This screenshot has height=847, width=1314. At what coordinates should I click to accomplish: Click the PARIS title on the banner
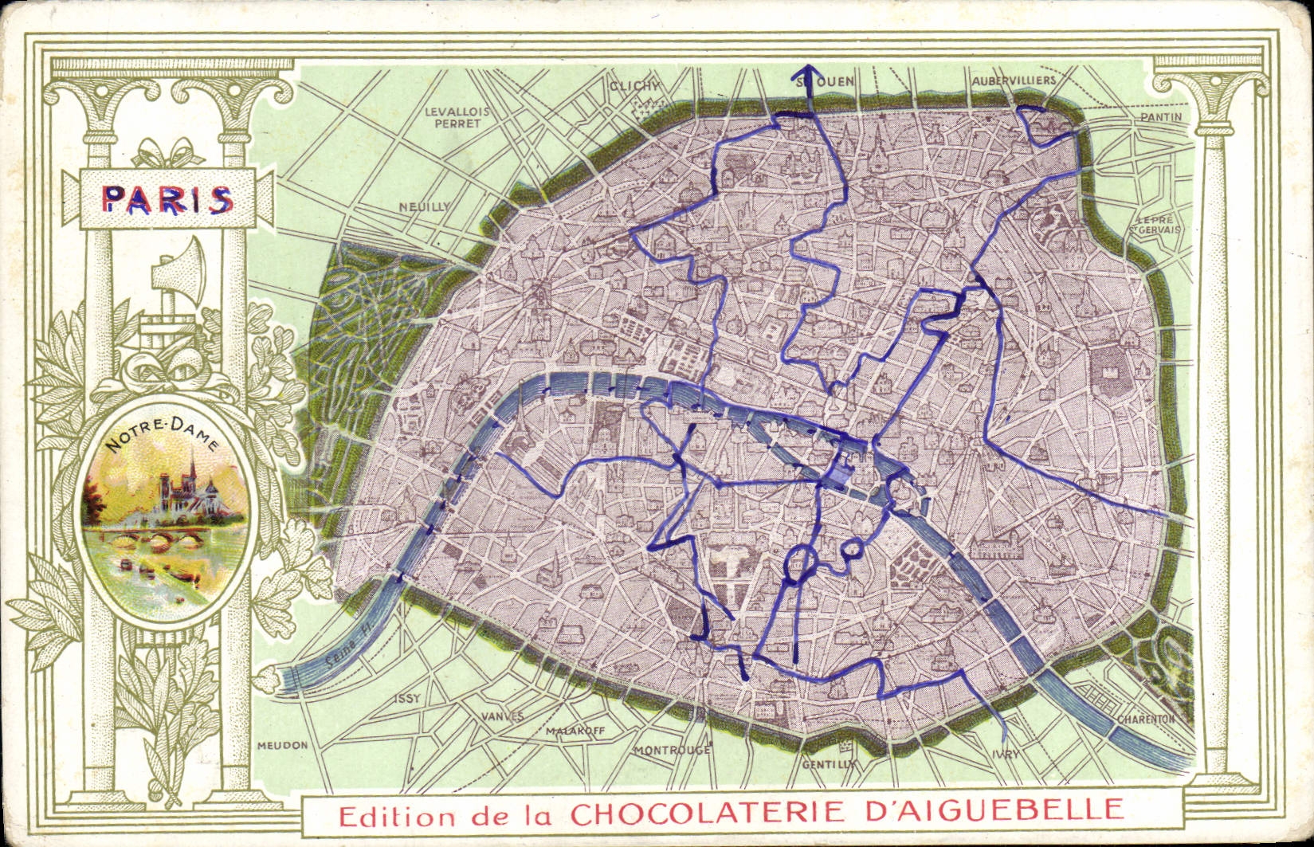coord(167,200)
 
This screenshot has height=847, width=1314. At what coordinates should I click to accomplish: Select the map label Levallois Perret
coord(457,117)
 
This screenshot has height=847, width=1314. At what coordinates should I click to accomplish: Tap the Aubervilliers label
coord(1014,80)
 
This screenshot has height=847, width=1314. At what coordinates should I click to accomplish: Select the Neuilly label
coord(424,206)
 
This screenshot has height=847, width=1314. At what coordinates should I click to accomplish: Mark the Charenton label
coord(1145,718)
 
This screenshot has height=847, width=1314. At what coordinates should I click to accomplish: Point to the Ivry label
coord(1006,754)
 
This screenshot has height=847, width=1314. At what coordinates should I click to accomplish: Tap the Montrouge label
coord(672,750)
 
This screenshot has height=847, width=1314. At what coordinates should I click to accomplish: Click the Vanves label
coord(502,716)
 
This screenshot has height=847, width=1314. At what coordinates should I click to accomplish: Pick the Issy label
coord(406,698)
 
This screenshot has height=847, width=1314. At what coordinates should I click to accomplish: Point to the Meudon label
coord(282,745)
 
